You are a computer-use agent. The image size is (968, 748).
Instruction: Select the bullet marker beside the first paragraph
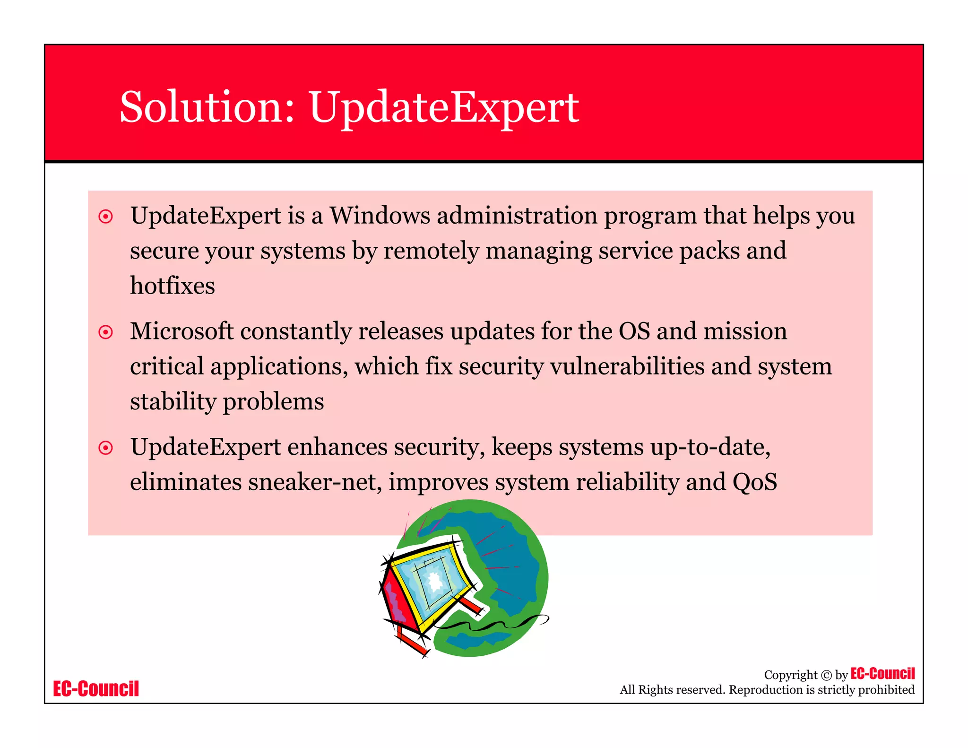tap(105, 217)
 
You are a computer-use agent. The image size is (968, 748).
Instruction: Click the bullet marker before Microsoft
tap(105, 332)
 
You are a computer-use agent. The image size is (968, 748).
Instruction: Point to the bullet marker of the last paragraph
tap(105, 447)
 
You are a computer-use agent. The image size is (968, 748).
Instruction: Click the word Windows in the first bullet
tap(380, 216)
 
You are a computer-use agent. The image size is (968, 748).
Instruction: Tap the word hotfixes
tap(172, 286)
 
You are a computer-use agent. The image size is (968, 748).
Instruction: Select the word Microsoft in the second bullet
tap(181, 331)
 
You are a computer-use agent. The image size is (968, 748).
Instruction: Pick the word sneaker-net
tap(312, 482)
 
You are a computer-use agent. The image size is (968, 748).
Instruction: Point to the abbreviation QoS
tap(754, 482)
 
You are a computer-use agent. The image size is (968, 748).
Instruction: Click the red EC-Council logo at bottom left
tap(96, 689)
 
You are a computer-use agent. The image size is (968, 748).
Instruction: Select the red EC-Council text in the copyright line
tap(882, 674)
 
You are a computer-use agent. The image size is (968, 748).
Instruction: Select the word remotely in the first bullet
tap(431, 251)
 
